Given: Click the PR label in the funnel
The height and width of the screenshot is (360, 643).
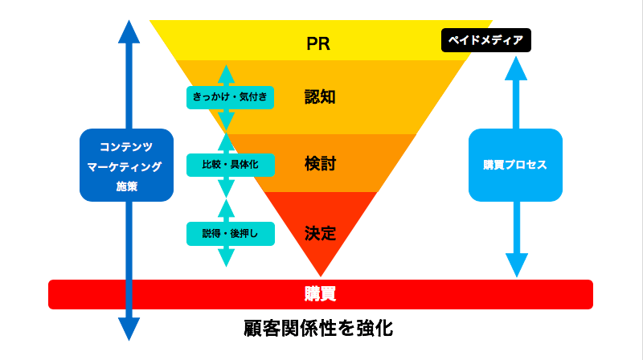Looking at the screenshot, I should point(319,43).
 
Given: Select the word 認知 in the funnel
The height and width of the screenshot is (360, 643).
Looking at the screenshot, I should point(319,97).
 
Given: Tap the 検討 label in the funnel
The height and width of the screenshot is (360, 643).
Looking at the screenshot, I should point(319,164).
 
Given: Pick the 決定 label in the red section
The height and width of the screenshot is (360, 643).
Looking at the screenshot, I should point(319,233).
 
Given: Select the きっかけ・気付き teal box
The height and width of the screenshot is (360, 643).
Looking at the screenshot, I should point(230,97).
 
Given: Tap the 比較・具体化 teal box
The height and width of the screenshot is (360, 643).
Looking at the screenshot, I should point(230,165).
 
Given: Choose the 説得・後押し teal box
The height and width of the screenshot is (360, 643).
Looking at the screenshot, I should point(230,233).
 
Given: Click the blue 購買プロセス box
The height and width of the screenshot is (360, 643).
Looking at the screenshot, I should point(515,165).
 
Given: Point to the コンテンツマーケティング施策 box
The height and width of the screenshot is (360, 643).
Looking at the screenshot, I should point(126,165).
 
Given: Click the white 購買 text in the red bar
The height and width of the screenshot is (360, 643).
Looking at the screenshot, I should point(320,294).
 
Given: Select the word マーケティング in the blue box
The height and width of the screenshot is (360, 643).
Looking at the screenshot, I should point(125,166).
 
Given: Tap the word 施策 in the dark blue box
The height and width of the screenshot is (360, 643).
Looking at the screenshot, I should point(126,186).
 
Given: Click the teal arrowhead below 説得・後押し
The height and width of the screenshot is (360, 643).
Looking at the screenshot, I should point(227,258).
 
